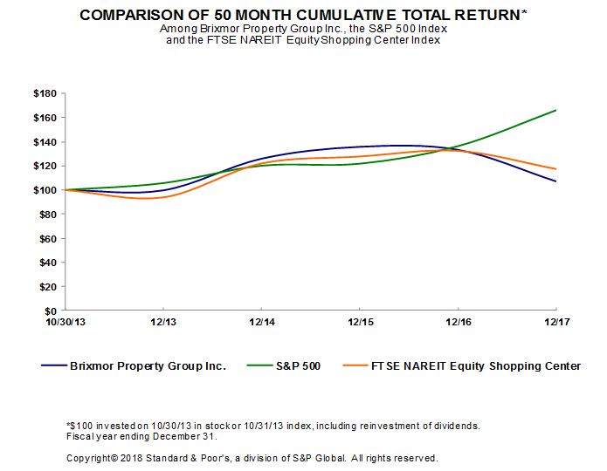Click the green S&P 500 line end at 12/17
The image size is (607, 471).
click(x=556, y=110)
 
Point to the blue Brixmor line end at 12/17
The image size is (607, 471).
click(x=556, y=181)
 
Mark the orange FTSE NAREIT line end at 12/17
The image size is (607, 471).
click(x=556, y=169)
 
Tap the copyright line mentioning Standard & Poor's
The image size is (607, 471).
click(x=252, y=458)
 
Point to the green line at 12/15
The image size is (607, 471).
click(x=360, y=164)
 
